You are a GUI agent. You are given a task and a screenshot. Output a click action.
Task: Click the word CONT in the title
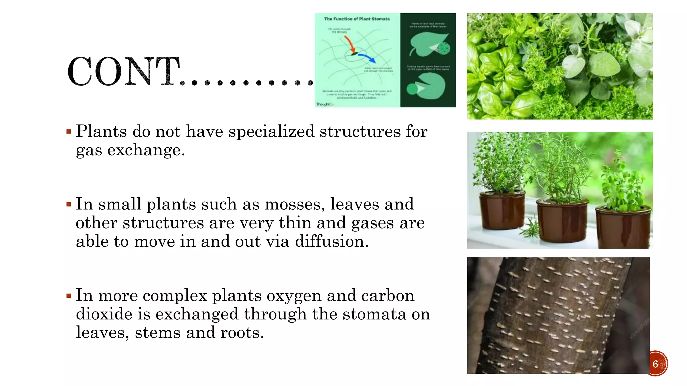123,72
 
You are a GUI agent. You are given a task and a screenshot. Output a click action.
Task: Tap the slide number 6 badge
656,364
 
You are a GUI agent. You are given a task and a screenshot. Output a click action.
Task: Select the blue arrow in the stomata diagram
367,58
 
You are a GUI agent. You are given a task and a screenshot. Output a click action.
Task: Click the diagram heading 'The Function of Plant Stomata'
357,19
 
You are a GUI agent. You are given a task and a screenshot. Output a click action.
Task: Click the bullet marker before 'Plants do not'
69,132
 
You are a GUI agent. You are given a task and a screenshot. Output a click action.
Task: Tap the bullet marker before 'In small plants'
69,204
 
